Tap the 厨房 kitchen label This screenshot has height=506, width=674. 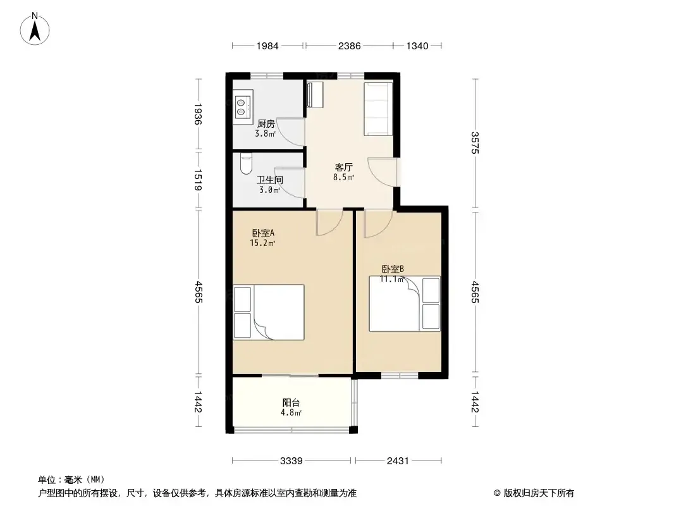266,124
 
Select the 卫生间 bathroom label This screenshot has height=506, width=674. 270,180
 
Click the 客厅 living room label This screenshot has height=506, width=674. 344,167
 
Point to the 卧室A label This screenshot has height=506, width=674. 263,233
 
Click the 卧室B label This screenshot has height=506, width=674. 393,269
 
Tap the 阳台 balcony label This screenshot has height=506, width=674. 291,403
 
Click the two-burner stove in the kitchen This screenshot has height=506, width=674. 243,108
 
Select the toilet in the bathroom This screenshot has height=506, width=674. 246,164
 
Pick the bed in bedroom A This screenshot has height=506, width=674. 269,312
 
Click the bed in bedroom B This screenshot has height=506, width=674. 405,304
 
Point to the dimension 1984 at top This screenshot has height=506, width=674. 267,46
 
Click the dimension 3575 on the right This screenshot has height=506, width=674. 475,143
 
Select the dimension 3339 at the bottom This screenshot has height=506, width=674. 291,461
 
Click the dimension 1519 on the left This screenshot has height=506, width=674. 198,180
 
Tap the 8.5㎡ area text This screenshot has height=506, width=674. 344,177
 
